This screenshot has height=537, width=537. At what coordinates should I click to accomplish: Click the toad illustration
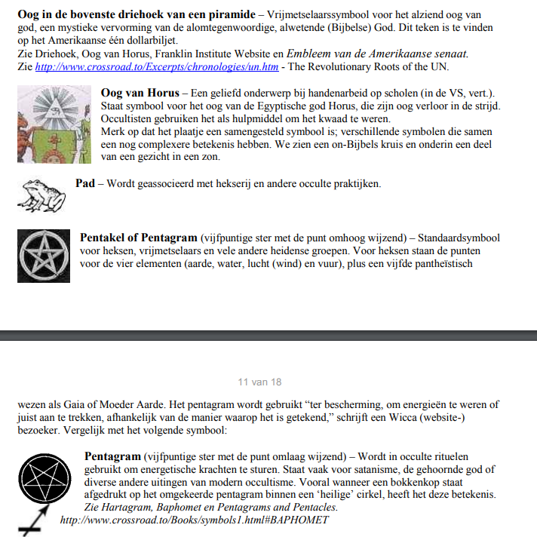coord(41,195)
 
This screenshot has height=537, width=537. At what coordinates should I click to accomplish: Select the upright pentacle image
coord(44,254)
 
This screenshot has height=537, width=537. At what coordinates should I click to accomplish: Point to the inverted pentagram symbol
coord(44,474)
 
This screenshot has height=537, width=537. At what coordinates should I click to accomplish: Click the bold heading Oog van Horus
coord(140,91)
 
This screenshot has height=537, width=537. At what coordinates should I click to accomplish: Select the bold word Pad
coord(85,183)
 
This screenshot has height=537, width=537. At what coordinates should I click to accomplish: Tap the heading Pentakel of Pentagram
coord(139,238)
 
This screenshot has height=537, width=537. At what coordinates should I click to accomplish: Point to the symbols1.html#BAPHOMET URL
coord(194,520)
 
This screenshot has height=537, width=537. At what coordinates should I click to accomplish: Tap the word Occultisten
coord(131,118)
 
